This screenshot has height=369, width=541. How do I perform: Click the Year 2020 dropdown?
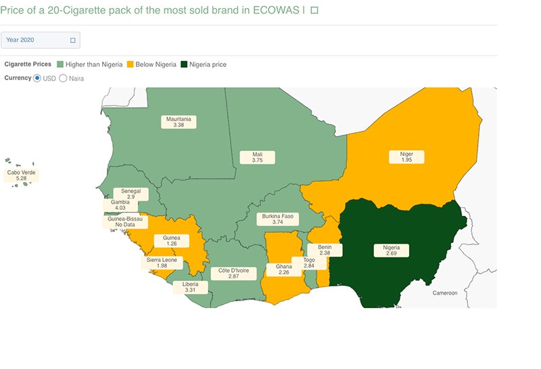point(40,40)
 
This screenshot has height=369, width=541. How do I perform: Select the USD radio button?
point(37,78)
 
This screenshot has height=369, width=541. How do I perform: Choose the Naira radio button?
point(64,78)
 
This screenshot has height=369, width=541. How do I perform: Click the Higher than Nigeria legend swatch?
point(60,64)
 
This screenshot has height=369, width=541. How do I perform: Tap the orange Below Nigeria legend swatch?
point(131,64)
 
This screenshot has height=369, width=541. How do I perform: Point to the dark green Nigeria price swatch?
point(184,64)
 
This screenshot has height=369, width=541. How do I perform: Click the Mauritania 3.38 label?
point(179,122)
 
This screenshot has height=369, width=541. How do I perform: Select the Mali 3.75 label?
point(258,157)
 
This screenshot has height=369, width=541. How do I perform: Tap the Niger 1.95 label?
point(406,157)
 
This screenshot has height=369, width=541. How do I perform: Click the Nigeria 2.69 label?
point(392,251)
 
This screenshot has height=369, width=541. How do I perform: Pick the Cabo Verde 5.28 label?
point(21,175)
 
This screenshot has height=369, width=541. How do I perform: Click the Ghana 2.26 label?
point(284,270)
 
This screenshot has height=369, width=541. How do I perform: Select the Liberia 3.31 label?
point(190,287)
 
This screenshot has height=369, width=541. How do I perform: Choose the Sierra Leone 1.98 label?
point(162,263)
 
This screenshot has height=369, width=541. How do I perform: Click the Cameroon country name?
point(446,293)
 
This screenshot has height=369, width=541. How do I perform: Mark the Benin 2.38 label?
point(325,250)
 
